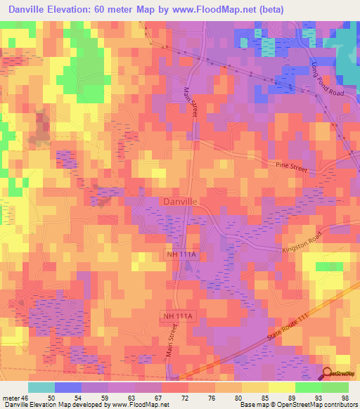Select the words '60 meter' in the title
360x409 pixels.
[122, 11]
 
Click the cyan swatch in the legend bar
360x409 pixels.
[41, 387]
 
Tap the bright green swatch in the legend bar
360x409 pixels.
[335, 387]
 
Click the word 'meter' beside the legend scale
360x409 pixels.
[11, 397]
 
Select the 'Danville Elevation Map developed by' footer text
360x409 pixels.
[46, 405]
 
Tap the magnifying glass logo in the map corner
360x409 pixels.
[328, 375]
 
